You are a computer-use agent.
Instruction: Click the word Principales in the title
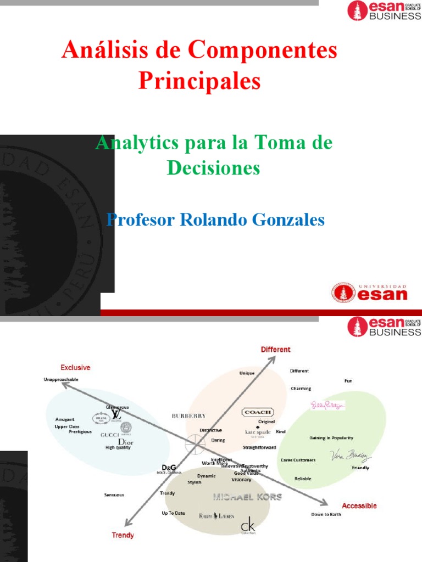tap(199, 81)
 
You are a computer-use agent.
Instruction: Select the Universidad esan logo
tap(369, 292)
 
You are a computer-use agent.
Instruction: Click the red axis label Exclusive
tap(75, 367)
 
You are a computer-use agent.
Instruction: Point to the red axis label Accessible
tap(359, 505)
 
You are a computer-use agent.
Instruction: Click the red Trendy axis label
tap(123, 535)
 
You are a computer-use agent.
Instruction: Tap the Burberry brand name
tap(188, 416)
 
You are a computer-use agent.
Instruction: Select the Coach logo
tap(257, 412)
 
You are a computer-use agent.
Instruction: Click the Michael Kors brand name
tap(247, 497)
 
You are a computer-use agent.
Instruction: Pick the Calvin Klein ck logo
tap(248, 525)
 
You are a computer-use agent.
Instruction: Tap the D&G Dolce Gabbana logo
tap(168, 469)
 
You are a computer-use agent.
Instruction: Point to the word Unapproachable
tap(61, 379)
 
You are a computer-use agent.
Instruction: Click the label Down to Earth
tap(326, 514)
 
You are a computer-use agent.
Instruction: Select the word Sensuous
tap(114, 494)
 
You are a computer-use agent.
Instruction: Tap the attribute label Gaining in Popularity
tap(331, 438)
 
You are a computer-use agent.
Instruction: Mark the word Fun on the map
tap(348, 380)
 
